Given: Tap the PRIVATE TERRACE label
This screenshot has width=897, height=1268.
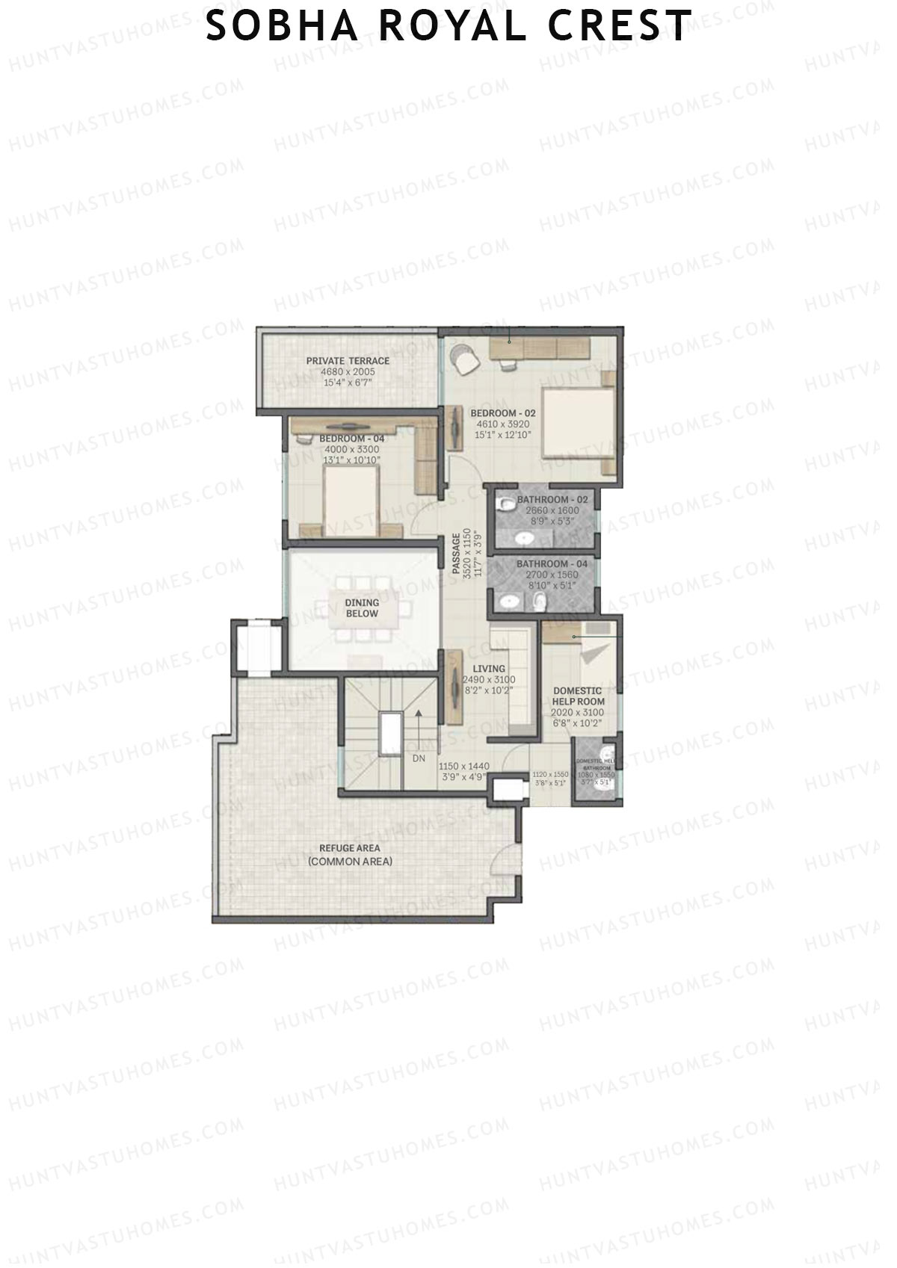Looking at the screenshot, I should click(x=348, y=361).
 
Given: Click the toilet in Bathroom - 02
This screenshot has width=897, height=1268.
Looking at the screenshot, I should click(x=508, y=504).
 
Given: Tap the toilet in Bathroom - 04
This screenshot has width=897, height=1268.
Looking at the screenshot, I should click(x=540, y=602).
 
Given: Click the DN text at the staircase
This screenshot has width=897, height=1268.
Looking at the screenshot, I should click(x=419, y=758).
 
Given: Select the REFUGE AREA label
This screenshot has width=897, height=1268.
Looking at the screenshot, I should click(x=350, y=848).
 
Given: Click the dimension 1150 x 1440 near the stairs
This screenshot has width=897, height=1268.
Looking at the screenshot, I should click(x=463, y=767).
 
